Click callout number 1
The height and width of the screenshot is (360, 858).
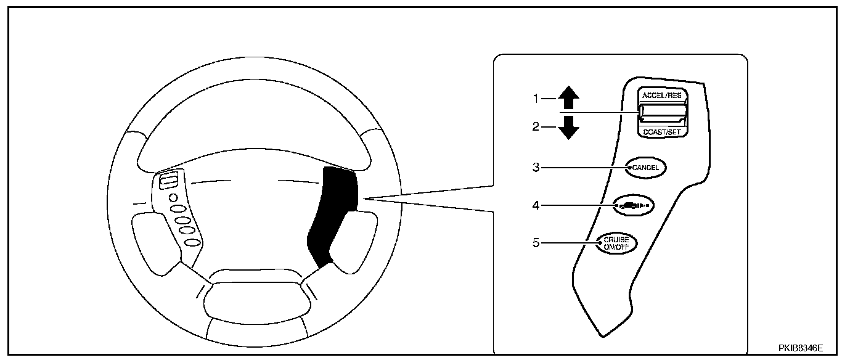point(536,97)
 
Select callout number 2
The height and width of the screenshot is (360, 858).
point(536,126)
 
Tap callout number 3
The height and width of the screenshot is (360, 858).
point(536,167)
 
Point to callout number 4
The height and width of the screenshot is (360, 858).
point(536,205)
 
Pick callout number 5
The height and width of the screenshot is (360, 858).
point(536,243)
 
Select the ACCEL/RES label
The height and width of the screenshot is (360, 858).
point(663,96)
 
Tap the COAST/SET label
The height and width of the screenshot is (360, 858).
point(663,131)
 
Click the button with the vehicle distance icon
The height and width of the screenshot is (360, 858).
point(634,205)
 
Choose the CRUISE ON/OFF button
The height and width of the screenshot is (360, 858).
point(616,243)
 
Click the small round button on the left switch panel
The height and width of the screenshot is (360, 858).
point(173,198)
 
